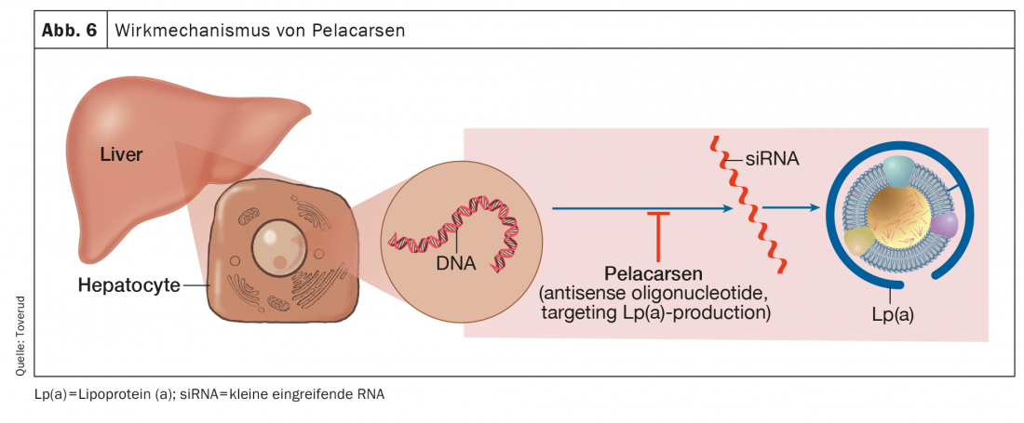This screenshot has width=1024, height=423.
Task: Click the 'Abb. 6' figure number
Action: (70, 30)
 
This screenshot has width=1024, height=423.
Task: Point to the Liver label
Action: (121, 155)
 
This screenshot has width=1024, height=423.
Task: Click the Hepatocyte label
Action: (128, 285)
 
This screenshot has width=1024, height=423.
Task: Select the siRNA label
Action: (773, 159)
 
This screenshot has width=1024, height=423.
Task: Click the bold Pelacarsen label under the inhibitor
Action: (658, 274)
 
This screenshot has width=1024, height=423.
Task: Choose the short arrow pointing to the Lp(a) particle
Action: (791, 208)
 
